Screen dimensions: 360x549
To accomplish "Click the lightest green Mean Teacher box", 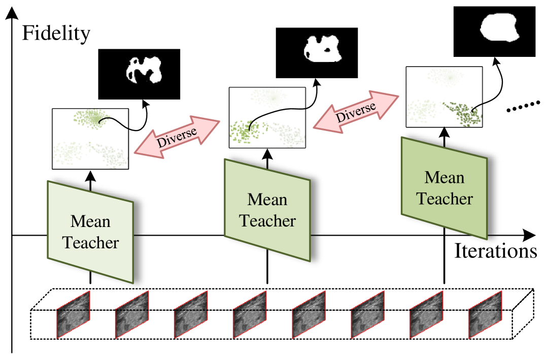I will (x=90, y=232).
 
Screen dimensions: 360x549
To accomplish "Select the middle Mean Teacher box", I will (x=267, y=210).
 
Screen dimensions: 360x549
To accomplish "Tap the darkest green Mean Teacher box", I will (x=444, y=188).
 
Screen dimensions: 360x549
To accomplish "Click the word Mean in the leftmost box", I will (x=90, y=221).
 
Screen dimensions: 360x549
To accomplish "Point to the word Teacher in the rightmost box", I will (x=444, y=199).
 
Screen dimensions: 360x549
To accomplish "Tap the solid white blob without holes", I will (x=500, y=27).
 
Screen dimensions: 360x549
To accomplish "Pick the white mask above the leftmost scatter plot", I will (x=144, y=70).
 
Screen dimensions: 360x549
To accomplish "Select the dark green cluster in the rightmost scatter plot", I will (x=462, y=113).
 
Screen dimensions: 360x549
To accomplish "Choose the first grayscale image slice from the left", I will (x=73, y=315).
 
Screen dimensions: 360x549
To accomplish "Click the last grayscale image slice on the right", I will (x=485, y=315).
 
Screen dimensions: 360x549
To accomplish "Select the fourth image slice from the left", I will (x=250, y=315).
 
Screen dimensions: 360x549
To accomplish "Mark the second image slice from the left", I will (x=132, y=315).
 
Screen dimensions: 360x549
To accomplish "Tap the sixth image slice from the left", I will (x=367, y=315).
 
